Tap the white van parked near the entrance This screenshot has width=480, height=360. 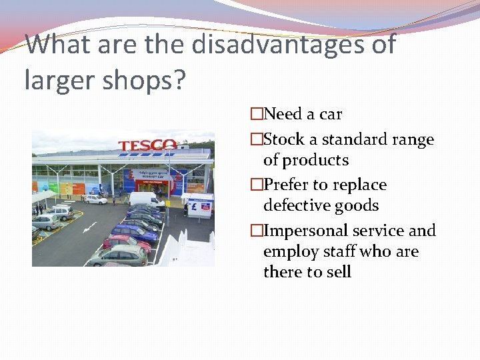(145, 199)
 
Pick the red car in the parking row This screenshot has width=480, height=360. (127, 243)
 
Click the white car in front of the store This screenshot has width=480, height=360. (95, 199)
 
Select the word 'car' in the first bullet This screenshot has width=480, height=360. (331, 114)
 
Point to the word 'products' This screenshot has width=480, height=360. (315, 160)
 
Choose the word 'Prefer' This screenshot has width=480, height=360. (287, 185)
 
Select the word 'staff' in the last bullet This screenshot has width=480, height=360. (339, 251)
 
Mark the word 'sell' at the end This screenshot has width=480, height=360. (339, 272)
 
